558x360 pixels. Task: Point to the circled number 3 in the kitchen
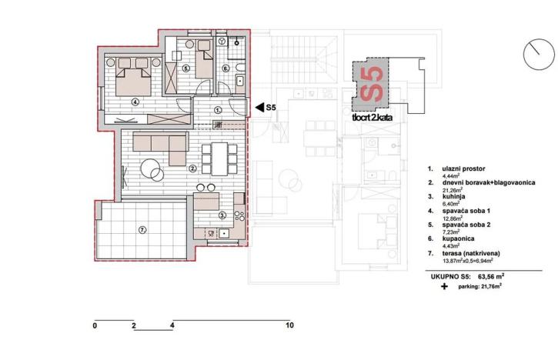pos(222,215)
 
